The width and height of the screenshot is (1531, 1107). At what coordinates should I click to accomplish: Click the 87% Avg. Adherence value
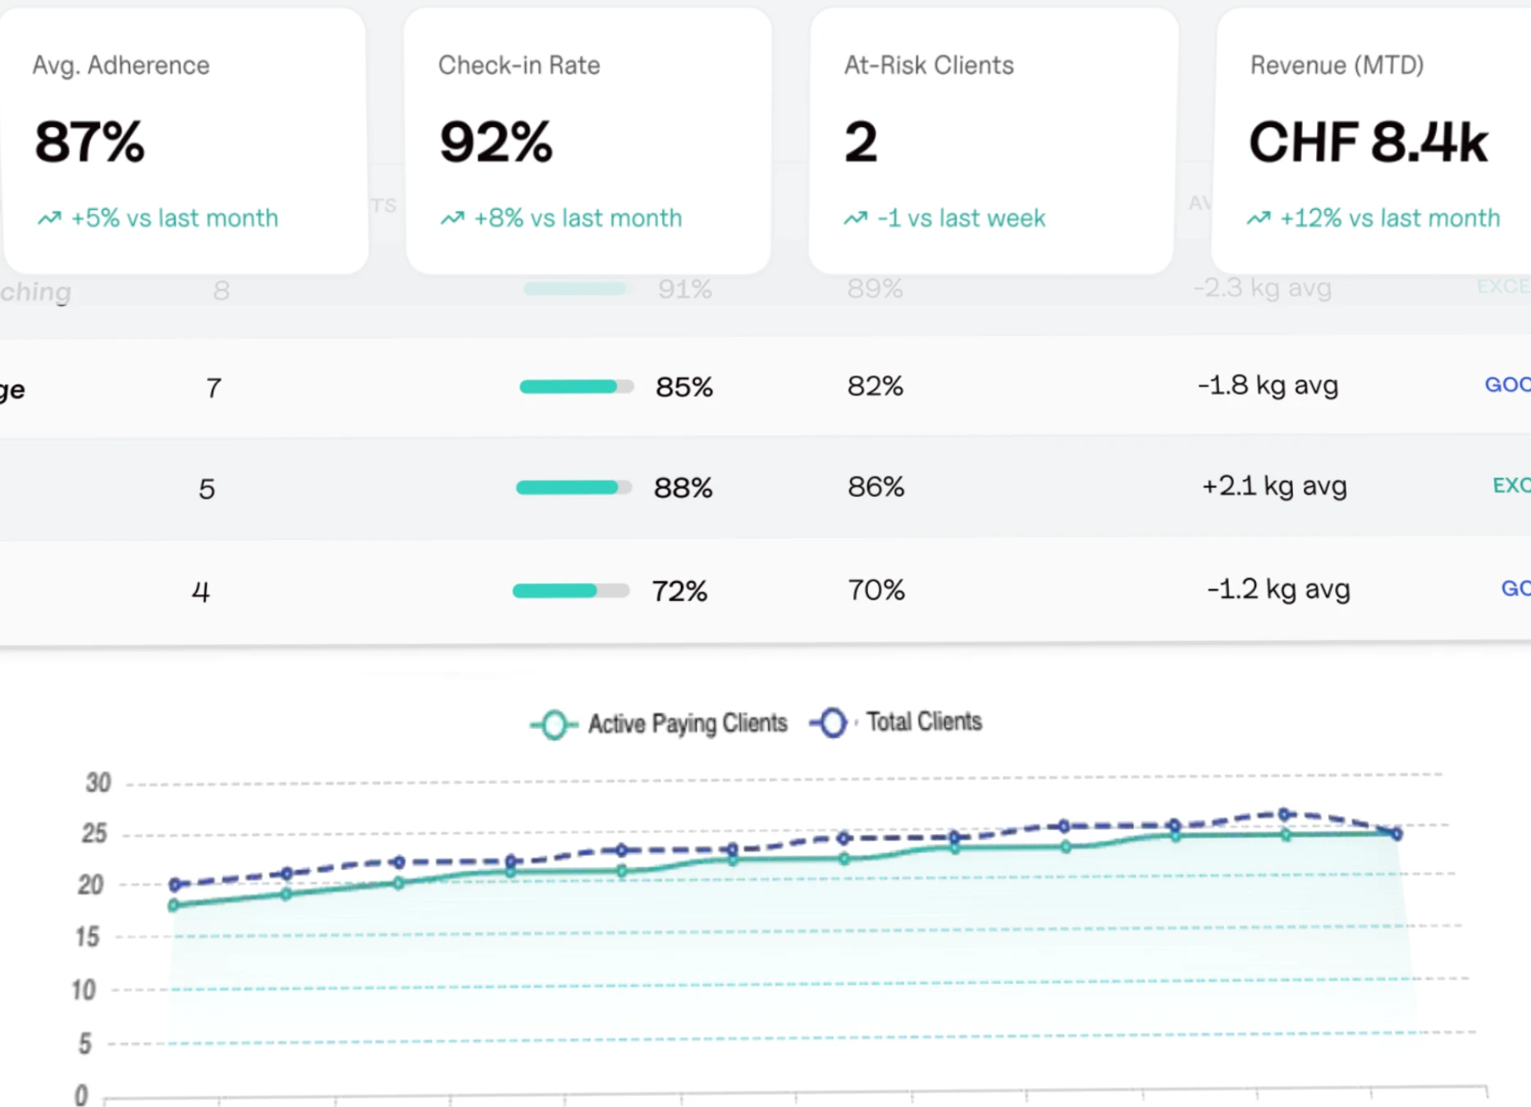89,142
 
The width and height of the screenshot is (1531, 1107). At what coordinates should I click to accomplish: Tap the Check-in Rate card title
519,66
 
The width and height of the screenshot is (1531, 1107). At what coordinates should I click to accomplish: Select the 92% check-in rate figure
496,142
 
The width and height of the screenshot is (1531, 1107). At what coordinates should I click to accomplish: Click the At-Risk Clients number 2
861,142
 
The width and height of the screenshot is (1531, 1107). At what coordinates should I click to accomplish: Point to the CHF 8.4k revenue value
1368,142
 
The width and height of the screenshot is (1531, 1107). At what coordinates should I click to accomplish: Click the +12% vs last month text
1389,218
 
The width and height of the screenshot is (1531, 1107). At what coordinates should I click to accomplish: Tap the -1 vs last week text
961,218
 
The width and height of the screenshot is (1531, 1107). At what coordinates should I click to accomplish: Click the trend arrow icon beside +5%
49,218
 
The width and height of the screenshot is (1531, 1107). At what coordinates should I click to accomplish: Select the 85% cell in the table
683,387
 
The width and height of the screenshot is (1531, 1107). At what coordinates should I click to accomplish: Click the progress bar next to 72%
570,590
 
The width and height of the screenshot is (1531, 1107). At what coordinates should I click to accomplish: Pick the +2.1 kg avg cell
1273,486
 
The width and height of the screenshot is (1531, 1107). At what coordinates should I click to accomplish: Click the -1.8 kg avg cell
1268,385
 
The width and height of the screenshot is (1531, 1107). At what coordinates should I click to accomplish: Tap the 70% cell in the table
875,590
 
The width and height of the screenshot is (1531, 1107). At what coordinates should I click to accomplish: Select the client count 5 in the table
207,490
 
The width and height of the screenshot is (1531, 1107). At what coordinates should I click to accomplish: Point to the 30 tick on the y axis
98,782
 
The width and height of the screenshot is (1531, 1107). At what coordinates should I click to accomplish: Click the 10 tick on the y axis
84,990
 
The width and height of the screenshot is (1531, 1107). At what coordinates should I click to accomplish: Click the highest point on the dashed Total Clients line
1285,814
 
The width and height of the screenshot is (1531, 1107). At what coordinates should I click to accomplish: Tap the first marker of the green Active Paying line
173,905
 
